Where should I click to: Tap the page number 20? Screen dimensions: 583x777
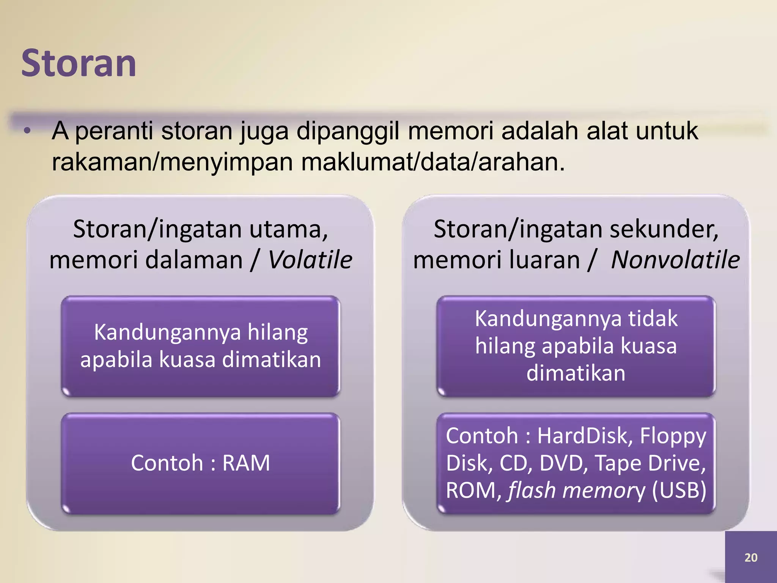[x=750, y=558]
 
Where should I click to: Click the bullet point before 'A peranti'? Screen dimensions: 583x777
[x=27, y=131]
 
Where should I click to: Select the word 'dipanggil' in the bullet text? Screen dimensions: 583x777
[x=348, y=131]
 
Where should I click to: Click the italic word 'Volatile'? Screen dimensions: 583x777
[x=310, y=260]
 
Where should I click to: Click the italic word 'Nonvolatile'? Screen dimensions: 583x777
[x=675, y=260]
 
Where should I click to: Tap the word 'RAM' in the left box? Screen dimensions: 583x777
[x=246, y=463]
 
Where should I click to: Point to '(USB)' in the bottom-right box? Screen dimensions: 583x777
[x=679, y=490]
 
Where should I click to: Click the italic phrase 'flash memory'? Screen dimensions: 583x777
[x=576, y=490]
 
